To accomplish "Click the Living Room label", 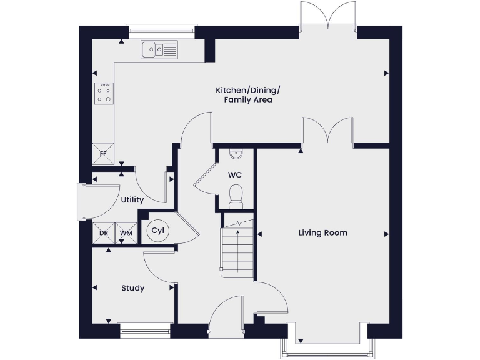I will [x=322, y=233].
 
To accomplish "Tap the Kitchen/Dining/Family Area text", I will [x=244, y=95].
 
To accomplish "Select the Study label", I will [x=132, y=288].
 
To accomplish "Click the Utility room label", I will [x=132, y=200].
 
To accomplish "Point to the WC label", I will [x=236, y=174].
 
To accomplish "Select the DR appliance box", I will [x=104, y=233].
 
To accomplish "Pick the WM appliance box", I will [x=127, y=233].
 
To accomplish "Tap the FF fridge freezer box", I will [x=102, y=154].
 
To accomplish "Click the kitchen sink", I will [x=159, y=48].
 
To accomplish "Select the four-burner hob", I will [x=104, y=93].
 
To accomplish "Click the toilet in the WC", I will [x=236, y=194].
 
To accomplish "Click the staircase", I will [x=238, y=250].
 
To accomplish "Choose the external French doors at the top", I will [x=328, y=16].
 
